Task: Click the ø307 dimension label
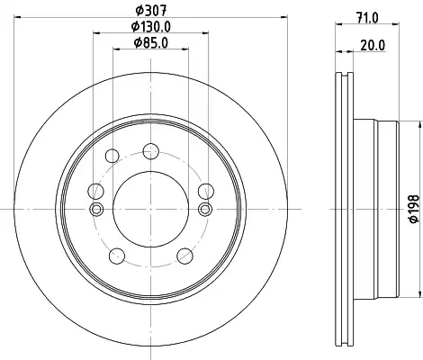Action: coord(151,11)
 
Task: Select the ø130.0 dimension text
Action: coord(151,27)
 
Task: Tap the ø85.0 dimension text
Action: coord(151,43)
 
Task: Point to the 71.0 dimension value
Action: coord(368,18)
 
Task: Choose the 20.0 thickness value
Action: coord(373,46)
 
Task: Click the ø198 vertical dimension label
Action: coord(414,209)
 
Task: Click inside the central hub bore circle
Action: coord(150,209)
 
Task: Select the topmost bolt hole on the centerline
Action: coord(150,151)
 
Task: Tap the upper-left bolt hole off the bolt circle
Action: coord(112,156)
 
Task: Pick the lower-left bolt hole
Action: coord(117,256)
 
